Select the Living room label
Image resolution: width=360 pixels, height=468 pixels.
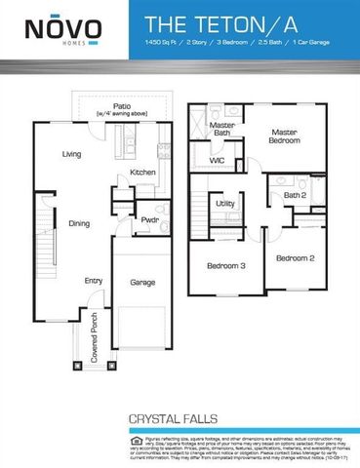[x=71, y=153]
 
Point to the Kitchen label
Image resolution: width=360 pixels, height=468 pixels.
[x=142, y=173]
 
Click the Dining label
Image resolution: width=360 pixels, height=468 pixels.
[x=79, y=223]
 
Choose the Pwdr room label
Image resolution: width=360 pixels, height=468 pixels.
[x=148, y=219]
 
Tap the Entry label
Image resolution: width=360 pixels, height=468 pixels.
[x=93, y=281]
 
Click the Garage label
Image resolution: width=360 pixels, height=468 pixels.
[x=143, y=282]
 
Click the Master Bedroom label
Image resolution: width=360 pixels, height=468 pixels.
[x=284, y=136]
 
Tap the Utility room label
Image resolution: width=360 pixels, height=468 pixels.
[x=225, y=204]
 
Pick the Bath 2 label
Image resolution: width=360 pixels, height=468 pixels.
[x=295, y=196]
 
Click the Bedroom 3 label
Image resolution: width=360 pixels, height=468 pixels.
[x=225, y=265]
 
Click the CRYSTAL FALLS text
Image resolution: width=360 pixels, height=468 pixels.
[x=176, y=418]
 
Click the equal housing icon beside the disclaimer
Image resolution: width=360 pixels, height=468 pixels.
[x=135, y=441]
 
